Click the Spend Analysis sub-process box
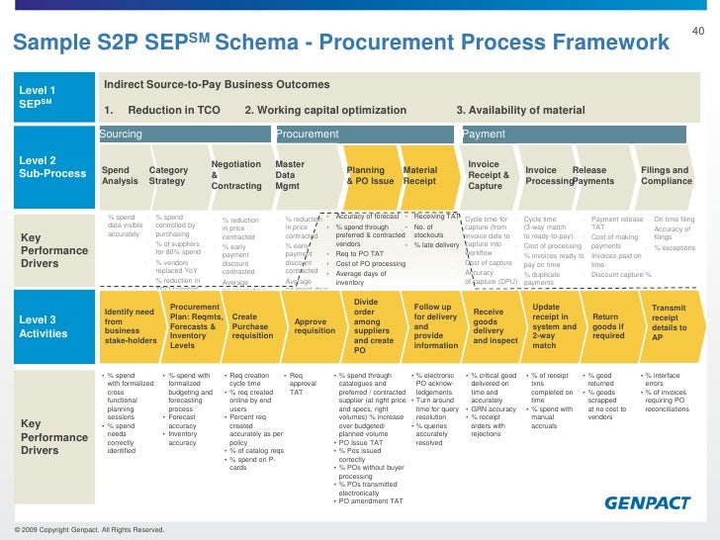pyautogui.click(x=121, y=176)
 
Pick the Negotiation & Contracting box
pyautogui.click(x=237, y=175)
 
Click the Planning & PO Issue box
pyautogui.click(x=370, y=176)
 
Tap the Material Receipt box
pyautogui.click(x=420, y=176)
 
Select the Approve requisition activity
pyautogui.click(x=315, y=326)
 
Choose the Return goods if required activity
pyautogui.click(x=607, y=326)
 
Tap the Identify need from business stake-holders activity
pyautogui.click(x=130, y=326)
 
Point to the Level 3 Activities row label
pyautogui.click(x=45, y=326)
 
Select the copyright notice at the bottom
pyautogui.click(x=83, y=531)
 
